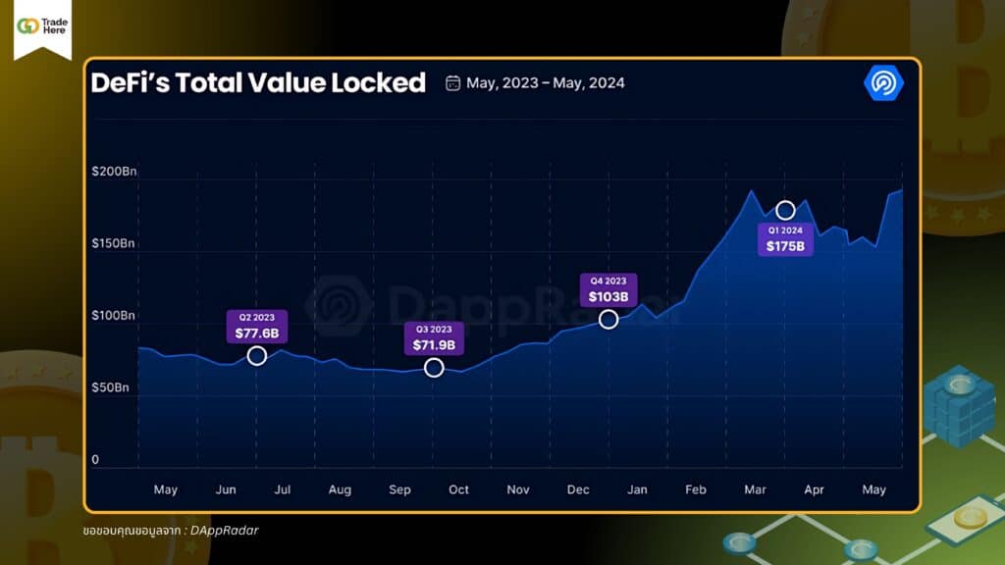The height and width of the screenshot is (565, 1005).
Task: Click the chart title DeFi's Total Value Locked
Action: (x=258, y=83)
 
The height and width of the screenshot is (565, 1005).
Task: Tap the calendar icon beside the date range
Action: (x=452, y=83)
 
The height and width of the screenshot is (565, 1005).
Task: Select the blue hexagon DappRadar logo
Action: (x=883, y=83)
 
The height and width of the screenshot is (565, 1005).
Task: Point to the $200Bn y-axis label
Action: (x=113, y=172)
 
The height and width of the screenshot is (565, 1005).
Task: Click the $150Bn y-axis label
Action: (x=113, y=243)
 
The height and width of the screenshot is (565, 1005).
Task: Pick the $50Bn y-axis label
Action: (x=110, y=387)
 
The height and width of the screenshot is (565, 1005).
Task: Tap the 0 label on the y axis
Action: (x=95, y=459)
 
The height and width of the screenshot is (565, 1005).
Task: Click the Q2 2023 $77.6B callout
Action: (x=256, y=327)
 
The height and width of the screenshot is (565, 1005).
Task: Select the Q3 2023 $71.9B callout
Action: (x=434, y=338)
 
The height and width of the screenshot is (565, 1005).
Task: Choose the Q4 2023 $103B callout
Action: (x=608, y=289)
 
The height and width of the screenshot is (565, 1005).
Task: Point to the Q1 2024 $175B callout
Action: (x=785, y=238)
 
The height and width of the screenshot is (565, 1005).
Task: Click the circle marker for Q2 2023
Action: (x=256, y=355)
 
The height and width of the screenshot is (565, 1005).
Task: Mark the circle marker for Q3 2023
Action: (x=434, y=368)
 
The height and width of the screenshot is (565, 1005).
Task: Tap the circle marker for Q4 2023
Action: (x=608, y=319)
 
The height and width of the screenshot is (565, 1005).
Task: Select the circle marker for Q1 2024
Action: (x=785, y=210)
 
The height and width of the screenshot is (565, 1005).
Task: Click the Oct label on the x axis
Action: (x=458, y=489)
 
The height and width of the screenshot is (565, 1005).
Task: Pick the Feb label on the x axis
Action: (x=696, y=489)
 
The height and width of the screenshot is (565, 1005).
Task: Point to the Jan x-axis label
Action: (x=637, y=489)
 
